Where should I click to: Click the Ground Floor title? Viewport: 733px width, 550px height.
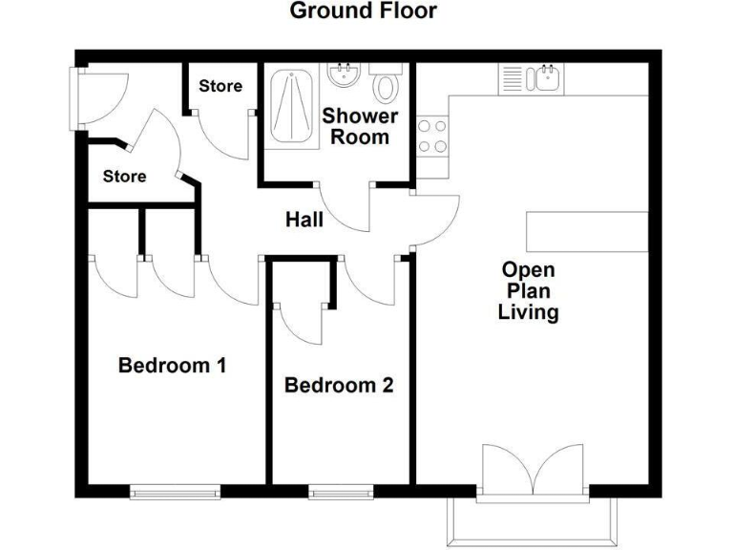pyautogui.click(x=363, y=11)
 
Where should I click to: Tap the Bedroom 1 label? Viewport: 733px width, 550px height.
pyautogui.click(x=172, y=365)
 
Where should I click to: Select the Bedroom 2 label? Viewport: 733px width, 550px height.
pyautogui.click(x=339, y=386)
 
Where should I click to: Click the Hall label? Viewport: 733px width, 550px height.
pyautogui.click(x=304, y=221)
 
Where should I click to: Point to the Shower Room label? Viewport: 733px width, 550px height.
pyautogui.click(x=360, y=126)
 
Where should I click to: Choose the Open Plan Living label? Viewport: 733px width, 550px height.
pyautogui.click(x=528, y=291)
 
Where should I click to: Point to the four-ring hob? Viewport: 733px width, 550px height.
pyautogui.click(x=432, y=136)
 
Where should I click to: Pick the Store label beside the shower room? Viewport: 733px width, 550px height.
pyautogui.click(x=220, y=86)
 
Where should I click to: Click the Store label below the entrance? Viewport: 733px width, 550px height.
pyautogui.click(x=125, y=177)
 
